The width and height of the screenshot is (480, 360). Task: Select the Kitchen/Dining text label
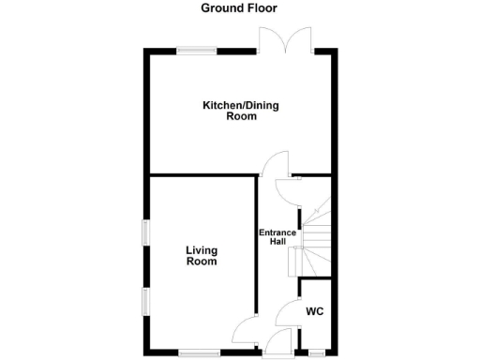(241, 106)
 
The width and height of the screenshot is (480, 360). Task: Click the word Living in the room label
(202, 249)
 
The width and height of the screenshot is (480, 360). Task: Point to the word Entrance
(278, 232)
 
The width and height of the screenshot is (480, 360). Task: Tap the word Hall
(278, 242)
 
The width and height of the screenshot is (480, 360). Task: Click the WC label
(314, 310)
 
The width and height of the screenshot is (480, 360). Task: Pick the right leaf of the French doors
(300, 38)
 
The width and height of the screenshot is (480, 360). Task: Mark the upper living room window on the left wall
(145, 232)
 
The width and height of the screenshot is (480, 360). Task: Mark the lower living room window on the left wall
(145, 303)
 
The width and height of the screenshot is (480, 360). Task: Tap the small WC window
(316, 353)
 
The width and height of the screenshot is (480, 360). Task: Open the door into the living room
(244, 330)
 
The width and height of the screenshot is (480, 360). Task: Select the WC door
(287, 312)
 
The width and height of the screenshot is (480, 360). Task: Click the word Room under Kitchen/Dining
(241, 118)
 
